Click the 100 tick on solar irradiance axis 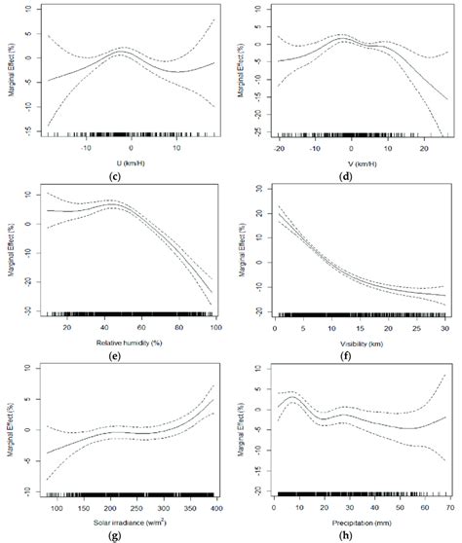56,509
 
